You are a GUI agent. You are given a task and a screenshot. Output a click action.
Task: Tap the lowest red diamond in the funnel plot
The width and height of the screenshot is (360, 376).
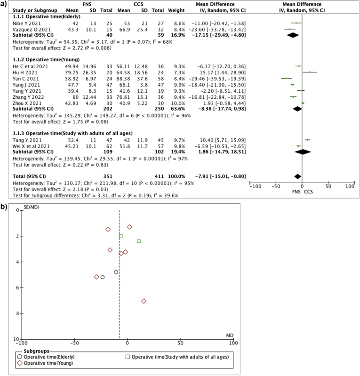tap(144, 301)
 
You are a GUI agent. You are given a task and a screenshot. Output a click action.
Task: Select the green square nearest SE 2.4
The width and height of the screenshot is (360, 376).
tap(139, 241)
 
